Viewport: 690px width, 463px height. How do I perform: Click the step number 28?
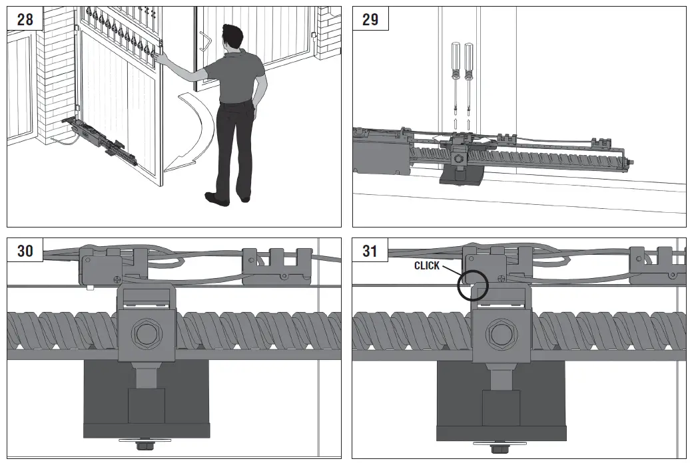click(25, 19)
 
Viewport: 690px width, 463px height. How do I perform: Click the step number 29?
click(370, 19)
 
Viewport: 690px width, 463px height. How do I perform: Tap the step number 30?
click(25, 251)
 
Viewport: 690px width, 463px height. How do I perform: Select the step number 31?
click(370, 251)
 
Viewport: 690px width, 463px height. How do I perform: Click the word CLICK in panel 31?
click(427, 265)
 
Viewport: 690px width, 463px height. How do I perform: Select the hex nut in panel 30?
click(146, 333)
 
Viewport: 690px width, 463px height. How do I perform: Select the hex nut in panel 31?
click(500, 333)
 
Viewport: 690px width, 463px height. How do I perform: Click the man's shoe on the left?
click(216, 198)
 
